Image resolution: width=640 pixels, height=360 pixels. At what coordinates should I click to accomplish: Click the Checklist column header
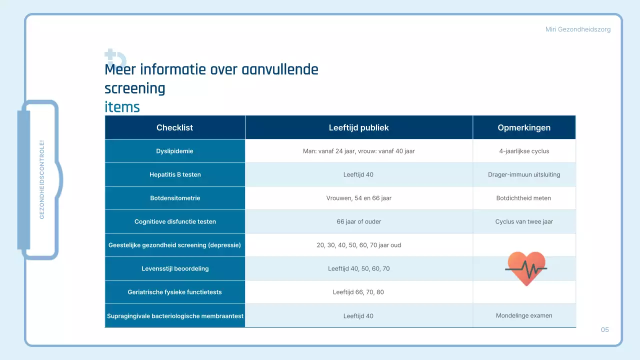point(174,127)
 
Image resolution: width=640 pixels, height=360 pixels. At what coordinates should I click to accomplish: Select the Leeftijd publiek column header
point(358,127)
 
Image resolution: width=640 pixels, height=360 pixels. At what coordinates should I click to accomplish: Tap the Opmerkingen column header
point(524,127)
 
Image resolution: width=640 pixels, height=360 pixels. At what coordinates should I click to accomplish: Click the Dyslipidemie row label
point(174,151)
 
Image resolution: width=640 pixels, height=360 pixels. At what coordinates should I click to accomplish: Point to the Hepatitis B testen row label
point(175,174)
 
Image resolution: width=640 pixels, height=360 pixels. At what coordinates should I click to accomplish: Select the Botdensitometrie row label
point(175,198)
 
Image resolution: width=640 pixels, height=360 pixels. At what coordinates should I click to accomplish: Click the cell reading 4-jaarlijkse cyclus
point(524,151)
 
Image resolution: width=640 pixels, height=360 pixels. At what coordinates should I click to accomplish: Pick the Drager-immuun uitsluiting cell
point(524,174)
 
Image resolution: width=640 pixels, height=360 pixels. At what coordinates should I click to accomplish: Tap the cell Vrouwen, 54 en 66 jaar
point(358,198)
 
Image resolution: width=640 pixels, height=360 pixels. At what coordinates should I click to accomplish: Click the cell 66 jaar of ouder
point(358,221)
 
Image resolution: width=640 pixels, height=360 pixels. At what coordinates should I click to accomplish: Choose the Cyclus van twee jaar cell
point(524,221)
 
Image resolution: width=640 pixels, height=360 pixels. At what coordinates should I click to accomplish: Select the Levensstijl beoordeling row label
point(175,268)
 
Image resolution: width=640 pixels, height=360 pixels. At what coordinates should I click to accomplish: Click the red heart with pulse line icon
point(526,268)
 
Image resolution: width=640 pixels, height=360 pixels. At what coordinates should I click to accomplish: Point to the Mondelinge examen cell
point(524,315)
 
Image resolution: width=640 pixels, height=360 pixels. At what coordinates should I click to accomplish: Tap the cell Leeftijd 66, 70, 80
point(358,292)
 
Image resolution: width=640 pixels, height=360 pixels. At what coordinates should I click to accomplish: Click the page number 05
point(604,330)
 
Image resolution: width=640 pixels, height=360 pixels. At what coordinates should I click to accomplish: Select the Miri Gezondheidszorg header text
point(577,29)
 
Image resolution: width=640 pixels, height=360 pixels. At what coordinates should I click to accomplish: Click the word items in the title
point(122,107)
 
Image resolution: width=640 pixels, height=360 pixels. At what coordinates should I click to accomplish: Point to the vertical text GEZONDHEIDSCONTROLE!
point(42,179)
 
